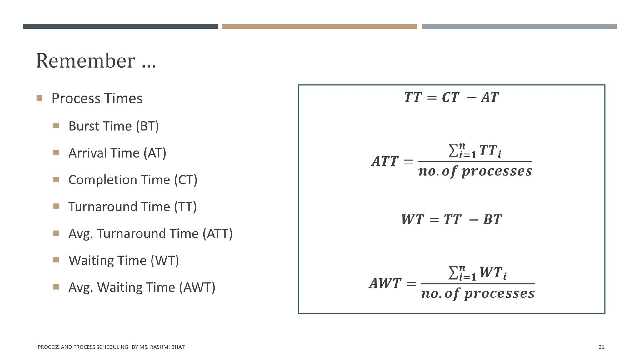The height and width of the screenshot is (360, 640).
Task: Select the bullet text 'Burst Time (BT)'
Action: pyautogui.click(x=113, y=126)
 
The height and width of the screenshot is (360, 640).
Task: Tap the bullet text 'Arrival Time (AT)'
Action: pyautogui.click(x=117, y=153)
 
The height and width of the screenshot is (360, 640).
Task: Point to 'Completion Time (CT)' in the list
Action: pyautogui.click(x=133, y=180)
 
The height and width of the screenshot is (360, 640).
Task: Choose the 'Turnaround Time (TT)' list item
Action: pyautogui.click(x=132, y=207)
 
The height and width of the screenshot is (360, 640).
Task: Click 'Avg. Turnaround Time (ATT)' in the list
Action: pyautogui.click(x=150, y=233)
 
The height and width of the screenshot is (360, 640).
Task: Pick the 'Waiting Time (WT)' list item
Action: pyautogui.click(x=124, y=260)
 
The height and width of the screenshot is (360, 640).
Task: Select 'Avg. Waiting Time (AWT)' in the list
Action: pyautogui.click(x=142, y=287)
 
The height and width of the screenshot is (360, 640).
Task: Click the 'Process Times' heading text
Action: pyautogui.click(x=97, y=98)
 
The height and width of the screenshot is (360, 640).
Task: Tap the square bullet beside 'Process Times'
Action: pyautogui.click(x=39, y=98)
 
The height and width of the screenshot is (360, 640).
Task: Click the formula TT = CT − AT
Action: pyautogui.click(x=451, y=97)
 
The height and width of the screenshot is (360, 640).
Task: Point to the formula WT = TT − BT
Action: pyautogui.click(x=451, y=219)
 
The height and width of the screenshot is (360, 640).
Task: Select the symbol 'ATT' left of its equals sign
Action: pyautogui.click(x=385, y=161)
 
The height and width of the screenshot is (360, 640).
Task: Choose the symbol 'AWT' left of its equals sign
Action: pyautogui.click(x=385, y=283)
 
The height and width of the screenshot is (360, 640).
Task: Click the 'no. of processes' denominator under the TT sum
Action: pyautogui.click(x=475, y=171)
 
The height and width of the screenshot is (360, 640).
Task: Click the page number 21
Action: pyautogui.click(x=601, y=347)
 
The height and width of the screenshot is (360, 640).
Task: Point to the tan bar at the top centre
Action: pyautogui.click(x=319, y=27)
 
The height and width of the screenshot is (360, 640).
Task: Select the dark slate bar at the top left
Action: pyautogui.click(x=120, y=27)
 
